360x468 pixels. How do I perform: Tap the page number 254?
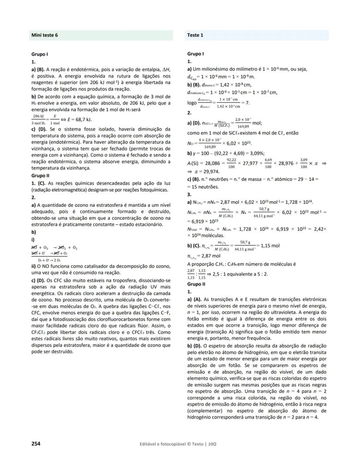pos(36,444)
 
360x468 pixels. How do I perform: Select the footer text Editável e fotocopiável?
pos(166,444)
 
